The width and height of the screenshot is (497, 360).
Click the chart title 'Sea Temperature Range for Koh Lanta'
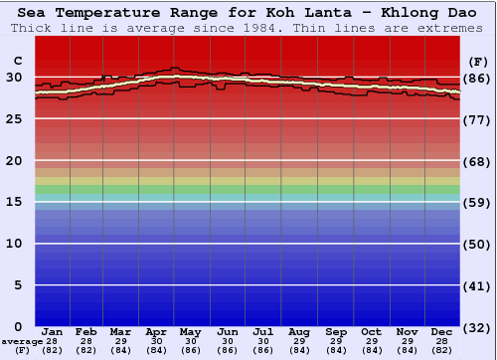click(x=248, y=13)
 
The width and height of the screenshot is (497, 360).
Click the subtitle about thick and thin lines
click(x=248, y=28)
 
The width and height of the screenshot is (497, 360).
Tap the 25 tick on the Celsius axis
click(x=15, y=119)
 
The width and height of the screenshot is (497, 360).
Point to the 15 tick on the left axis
click(x=15, y=202)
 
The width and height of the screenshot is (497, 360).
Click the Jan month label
click(x=53, y=331)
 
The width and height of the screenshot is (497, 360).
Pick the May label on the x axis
click(x=190, y=331)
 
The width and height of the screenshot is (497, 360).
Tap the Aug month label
click(x=298, y=331)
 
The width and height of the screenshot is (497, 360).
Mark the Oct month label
click(x=371, y=331)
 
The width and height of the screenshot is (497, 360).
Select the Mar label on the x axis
click(x=120, y=331)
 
